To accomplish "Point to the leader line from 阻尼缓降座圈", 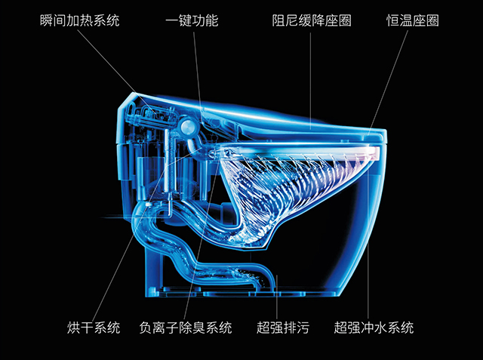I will click(x=311, y=75).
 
